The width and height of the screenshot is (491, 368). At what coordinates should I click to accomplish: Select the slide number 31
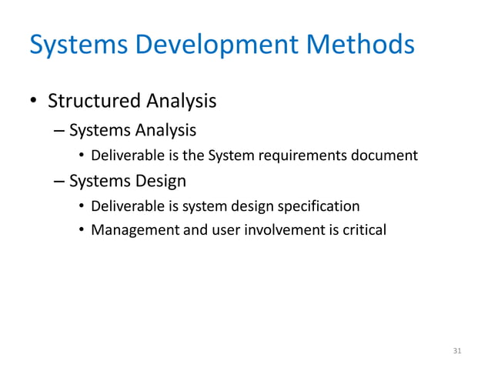tap(457, 351)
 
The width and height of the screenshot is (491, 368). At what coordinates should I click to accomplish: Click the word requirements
tap(302, 156)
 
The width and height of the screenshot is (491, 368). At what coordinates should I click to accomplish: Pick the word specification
tap(320, 206)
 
